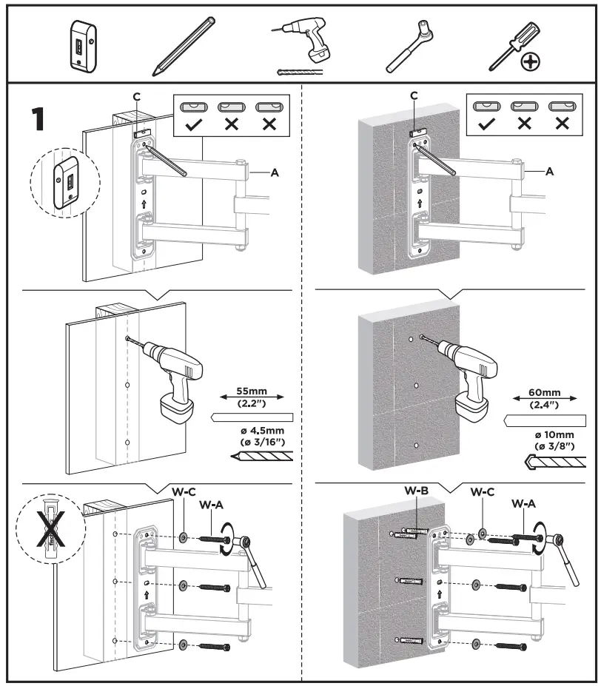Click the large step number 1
click(42, 119)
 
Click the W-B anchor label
click(415, 490)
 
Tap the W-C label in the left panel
click(183, 491)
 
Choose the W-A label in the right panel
click(525, 503)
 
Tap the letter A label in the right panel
click(549, 171)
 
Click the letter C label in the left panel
click(136, 96)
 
